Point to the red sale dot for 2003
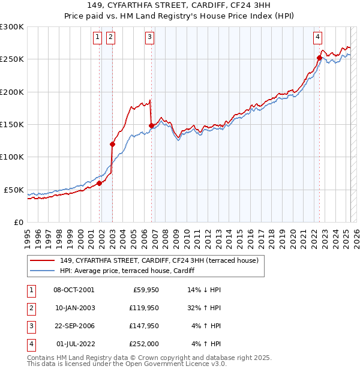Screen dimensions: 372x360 click(112, 144)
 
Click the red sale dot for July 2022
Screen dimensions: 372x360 click(319, 58)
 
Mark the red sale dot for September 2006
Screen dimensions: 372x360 click(151, 125)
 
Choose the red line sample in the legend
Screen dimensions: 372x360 click(43, 260)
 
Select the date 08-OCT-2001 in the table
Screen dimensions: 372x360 click(74, 289)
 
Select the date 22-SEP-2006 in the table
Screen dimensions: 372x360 click(74, 326)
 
